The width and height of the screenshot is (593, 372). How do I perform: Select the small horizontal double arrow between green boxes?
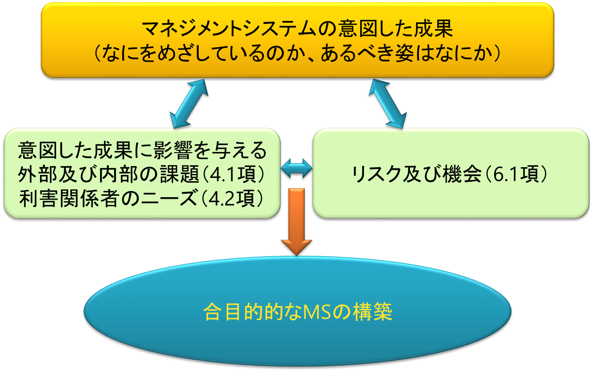coord(296,168)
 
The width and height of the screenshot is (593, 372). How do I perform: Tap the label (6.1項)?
coord(515,174)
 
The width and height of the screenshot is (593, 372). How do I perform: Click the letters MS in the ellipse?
coord(317,312)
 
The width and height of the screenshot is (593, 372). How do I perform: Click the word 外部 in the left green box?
coord(38,174)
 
